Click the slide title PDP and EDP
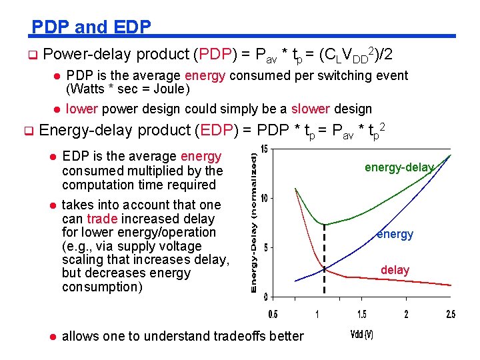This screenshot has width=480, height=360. [91, 27]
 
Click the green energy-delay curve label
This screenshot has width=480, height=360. [399, 167]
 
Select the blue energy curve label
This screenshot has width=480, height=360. [395, 234]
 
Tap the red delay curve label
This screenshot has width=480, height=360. [395, 270]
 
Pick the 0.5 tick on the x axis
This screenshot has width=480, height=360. [273, 314]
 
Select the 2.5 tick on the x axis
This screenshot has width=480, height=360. [451, 314]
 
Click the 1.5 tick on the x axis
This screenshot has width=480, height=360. [362, 314]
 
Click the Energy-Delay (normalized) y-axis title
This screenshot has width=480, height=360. [254, 220]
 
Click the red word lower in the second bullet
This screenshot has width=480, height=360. [81, 109]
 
